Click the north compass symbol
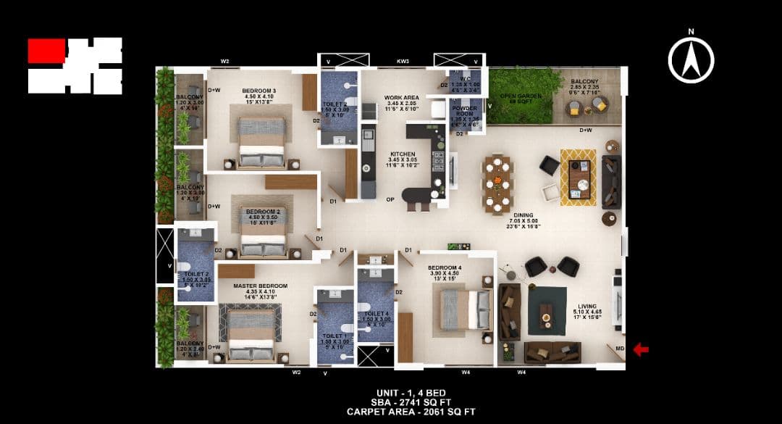tap(691, 59)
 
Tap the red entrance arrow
tap(641, 350)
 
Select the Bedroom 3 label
tap(258, 91)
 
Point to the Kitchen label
tap(403, 155)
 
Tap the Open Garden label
tap(517, 96)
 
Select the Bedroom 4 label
tap(445, 267)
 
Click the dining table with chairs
tap(498, 184)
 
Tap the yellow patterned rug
tap(578, 178)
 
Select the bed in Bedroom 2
tap(264, 232)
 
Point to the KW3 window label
tap(403, 62)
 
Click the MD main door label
tap(619, 349)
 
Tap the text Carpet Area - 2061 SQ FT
tap(411, 411)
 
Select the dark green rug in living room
tap(547, 310)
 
